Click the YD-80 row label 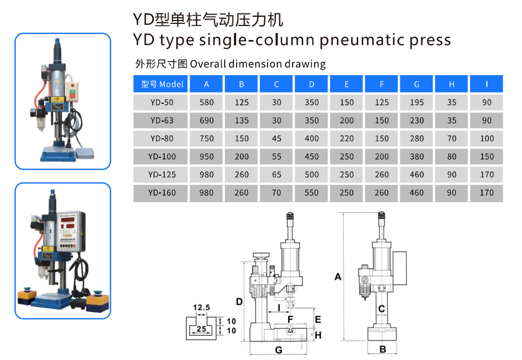pos(162,138)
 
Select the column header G pos(417,84)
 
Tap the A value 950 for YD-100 pos(206,157)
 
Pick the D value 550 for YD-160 pos(312,192)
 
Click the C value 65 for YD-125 pos(277,175)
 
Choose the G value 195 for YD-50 pos(417,102)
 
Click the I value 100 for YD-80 pos(487,138)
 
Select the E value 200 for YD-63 pos(347,121)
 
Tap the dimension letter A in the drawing pos(338,277)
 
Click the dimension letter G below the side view pos(278,350)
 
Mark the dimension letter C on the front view pos(382,309)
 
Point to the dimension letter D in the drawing pos(239,301)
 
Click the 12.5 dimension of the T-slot pos(200,308)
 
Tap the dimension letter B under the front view pos(383,350)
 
